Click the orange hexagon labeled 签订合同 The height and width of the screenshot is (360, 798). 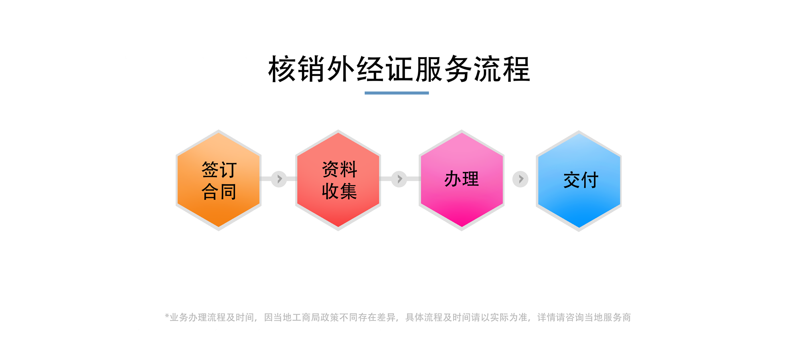pos(219,180)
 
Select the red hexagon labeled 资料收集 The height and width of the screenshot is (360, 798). pos(338,180)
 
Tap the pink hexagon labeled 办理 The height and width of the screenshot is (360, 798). pos(462,180)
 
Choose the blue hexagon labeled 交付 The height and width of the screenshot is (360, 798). pos(579,181)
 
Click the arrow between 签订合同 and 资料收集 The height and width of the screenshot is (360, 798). pos(279,179)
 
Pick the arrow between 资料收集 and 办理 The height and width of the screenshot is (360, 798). pos(399,179)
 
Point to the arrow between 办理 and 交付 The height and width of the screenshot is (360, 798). pos(520,179)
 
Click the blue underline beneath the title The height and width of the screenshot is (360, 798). pos(397,93)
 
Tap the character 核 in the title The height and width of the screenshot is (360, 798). pos(282,69)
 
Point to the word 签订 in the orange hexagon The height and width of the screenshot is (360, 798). pos(219,170)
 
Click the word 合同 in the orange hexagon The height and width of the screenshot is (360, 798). pos(219,192)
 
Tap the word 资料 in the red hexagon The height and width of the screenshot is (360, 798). pos(340,169)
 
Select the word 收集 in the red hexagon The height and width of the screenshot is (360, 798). pos(340,191)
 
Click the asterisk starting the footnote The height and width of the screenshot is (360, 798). pos(167,316)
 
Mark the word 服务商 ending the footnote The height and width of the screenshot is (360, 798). pos(617,317)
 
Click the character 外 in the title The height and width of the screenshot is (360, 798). pos(342,69)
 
